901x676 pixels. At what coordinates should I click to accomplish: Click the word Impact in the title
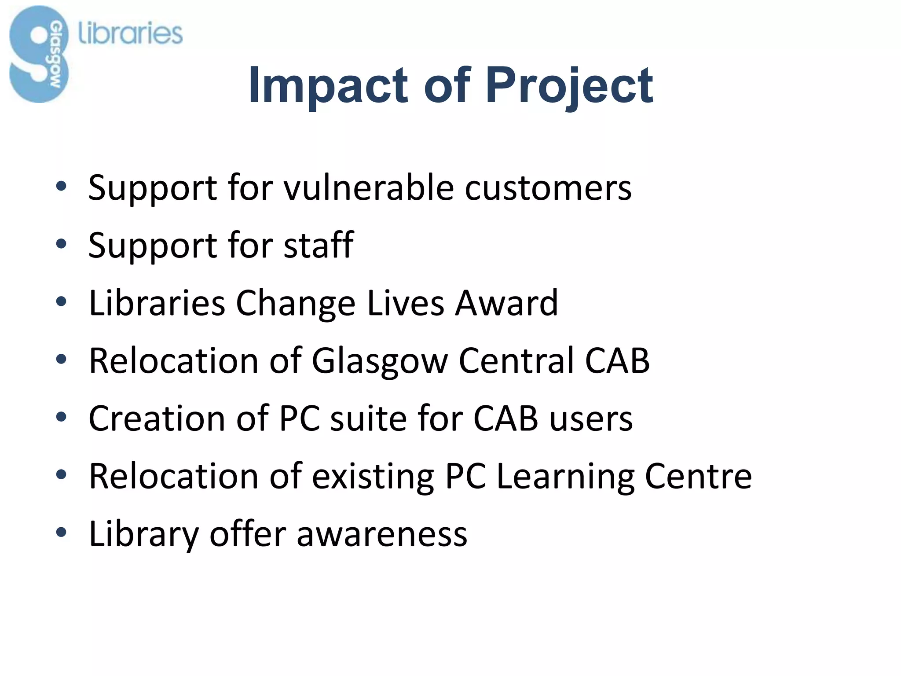[328, 85]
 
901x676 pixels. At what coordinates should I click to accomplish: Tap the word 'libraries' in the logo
[130, 34]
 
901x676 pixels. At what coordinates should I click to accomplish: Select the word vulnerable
[369, 188]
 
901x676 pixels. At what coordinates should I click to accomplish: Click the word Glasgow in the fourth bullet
[379, 361]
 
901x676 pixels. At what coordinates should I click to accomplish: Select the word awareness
[382, 534]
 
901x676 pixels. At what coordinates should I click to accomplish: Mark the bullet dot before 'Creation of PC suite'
[61, 417]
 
